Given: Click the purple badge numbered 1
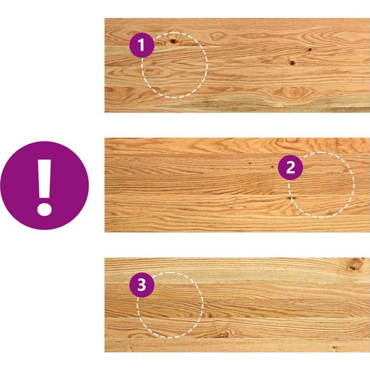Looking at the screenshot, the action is click(142, 45).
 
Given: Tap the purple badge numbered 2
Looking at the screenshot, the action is click(290, 167).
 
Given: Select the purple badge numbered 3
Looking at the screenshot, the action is click(142, 285).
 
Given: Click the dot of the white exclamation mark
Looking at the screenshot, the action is click(44, 209).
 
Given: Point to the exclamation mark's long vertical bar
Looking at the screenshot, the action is click(45, 179).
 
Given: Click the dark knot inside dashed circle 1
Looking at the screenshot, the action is click(173, 42).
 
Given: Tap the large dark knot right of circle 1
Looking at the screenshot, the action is click(292, 63).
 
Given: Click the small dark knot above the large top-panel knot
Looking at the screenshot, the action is click(309, 49).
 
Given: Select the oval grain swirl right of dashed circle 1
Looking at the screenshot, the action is click(217, 36).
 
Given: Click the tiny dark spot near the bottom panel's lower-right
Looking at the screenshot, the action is click(334, 348).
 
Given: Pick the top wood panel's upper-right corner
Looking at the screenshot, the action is click(370, 18).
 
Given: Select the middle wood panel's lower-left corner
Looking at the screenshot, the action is click(105, 232).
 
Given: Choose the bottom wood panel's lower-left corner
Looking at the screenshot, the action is click(105, 352).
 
